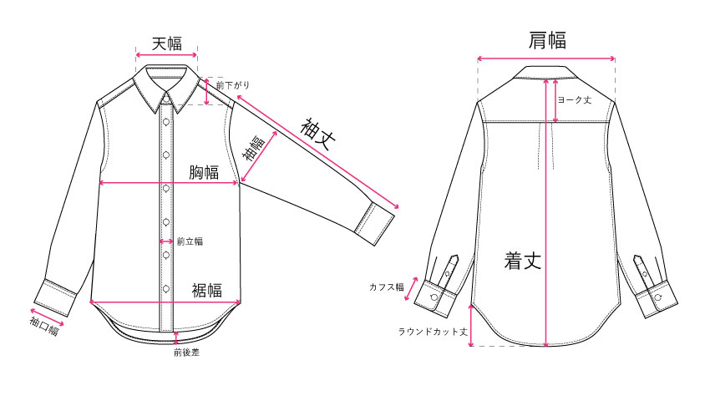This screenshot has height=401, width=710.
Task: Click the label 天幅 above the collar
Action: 166,44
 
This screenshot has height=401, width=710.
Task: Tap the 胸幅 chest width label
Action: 204,172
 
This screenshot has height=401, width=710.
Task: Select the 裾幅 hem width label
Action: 207,290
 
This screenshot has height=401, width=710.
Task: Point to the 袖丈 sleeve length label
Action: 318,134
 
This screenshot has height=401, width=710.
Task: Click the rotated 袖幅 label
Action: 254,149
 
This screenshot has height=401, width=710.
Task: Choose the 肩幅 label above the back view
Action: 547,40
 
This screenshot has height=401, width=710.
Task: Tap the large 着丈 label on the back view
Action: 523,261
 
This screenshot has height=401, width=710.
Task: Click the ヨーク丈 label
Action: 574,99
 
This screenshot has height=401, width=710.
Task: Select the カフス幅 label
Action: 386,287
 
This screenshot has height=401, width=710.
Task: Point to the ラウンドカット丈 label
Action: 433,332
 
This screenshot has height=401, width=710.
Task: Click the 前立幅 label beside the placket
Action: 190,241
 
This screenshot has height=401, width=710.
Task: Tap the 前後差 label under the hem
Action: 186,352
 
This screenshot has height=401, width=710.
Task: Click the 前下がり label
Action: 233,84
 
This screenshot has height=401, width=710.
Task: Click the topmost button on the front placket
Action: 166,121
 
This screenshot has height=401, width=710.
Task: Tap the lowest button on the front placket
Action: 166,288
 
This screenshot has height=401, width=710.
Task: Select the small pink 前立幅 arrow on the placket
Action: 166,241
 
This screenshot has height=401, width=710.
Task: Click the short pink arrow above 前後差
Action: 176,338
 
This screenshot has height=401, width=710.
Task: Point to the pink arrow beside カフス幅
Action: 411,289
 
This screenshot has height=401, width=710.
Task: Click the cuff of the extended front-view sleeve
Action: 375,224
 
